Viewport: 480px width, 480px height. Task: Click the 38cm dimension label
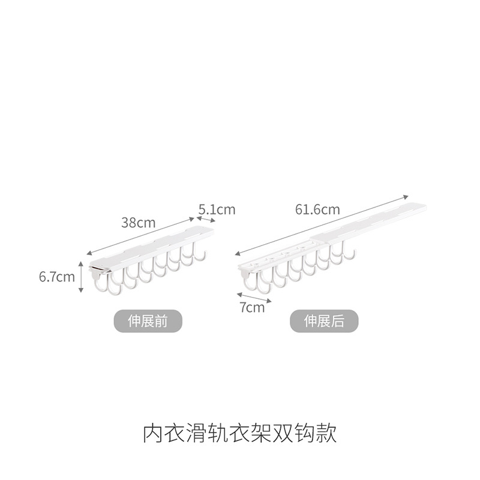[x=138, y=223]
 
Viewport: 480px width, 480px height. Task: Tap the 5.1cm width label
[x=217, y=209]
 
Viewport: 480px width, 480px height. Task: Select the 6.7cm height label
[x=56, y=277]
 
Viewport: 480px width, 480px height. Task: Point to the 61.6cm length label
[x=317, y=209]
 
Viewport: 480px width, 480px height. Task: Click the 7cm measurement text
[x=252, y=308]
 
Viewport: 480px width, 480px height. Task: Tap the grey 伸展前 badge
[x=148, y=321]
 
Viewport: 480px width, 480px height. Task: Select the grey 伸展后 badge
[x=324, y=321]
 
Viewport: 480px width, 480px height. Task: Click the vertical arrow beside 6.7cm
[x=81, y=277]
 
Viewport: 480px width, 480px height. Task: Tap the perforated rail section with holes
[x=264, y=260]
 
